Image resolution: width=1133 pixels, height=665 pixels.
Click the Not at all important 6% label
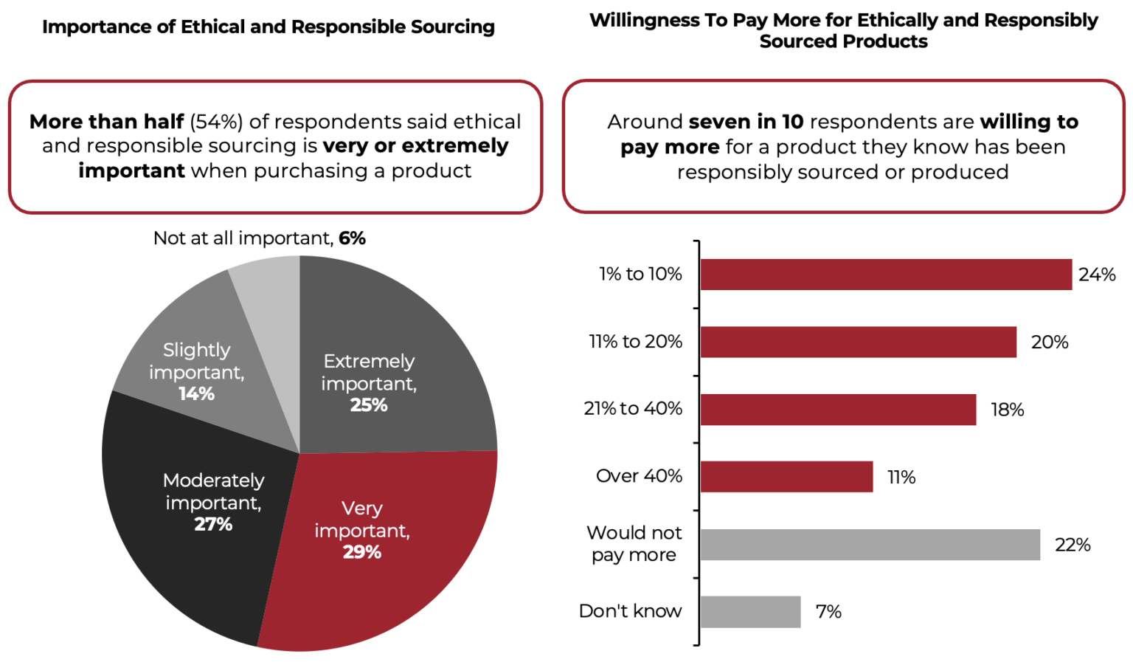pos(259,238)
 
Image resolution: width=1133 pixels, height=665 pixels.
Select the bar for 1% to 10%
pos(885,275)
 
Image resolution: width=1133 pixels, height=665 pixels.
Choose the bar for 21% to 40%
pos(838,410)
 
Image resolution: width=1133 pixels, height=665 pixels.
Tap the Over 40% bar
pos(786,477)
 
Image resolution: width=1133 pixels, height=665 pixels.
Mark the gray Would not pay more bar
pos(870,545)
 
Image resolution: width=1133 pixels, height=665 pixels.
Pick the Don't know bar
pos(750,612)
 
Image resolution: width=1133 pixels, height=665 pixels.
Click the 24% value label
pos(1097,275)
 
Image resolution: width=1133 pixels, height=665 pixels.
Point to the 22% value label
pos(1073,545)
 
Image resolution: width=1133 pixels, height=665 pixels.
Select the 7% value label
pos(828,612)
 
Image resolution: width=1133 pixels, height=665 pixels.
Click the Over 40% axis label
pos(639,476)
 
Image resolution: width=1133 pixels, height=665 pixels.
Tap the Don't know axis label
pos(630,611)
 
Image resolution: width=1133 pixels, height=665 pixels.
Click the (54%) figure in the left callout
pos(216,122)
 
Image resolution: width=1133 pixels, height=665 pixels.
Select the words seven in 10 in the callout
pos(746,122)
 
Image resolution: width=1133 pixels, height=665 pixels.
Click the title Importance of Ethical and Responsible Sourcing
pos(268,27)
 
